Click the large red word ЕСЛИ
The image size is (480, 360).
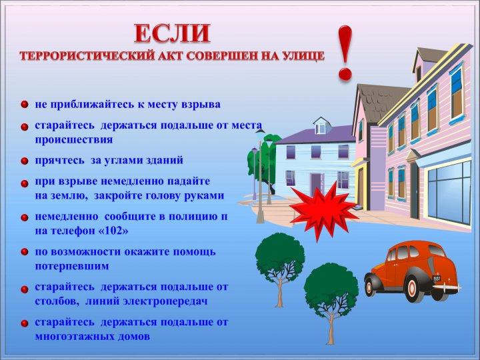[x=173, y=33]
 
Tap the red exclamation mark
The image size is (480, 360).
[x=345, y=53]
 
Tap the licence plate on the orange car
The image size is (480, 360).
[x=437, y=279]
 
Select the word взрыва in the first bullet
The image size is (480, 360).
[x=201, y=105]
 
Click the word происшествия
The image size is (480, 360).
[x=74, y=140]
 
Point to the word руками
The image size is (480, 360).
[x=205, y=196]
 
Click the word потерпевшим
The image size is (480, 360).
[x=72, y=266]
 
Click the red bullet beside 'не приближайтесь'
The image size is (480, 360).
[x=25, y=105]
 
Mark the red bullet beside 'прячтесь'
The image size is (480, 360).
[x=25, y=161]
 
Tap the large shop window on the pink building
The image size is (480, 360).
[x=449, y=192]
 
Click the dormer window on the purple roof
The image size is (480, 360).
[x=321, y=126]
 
